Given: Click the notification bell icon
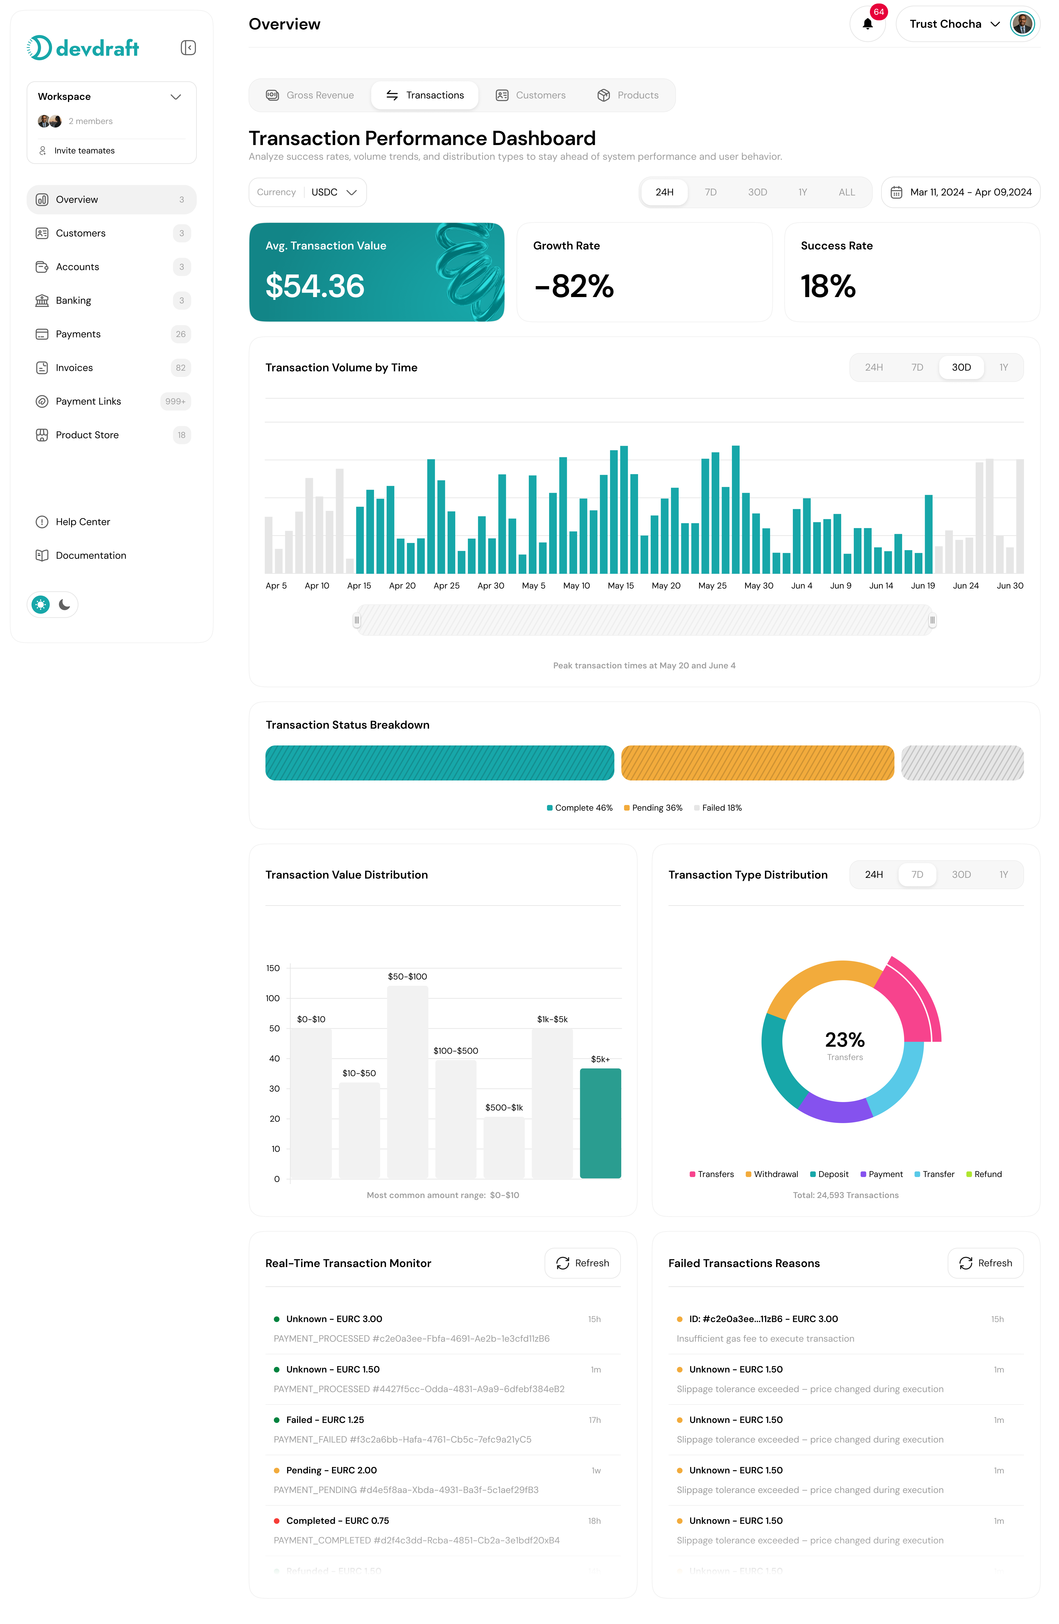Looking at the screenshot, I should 867,24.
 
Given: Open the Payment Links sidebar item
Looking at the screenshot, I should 88,401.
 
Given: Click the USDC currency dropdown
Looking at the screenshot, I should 334,192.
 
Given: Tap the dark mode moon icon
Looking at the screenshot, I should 65,605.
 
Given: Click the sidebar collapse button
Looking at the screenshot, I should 188,48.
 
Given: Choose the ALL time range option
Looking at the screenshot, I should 846,192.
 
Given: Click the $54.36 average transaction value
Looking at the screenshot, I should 315,286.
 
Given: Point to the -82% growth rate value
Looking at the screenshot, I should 574,286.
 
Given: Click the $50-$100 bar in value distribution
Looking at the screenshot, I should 407,1081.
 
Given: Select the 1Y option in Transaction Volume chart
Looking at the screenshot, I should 1003,368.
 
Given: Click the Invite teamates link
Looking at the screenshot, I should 84,151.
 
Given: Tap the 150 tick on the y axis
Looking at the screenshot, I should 273,968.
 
